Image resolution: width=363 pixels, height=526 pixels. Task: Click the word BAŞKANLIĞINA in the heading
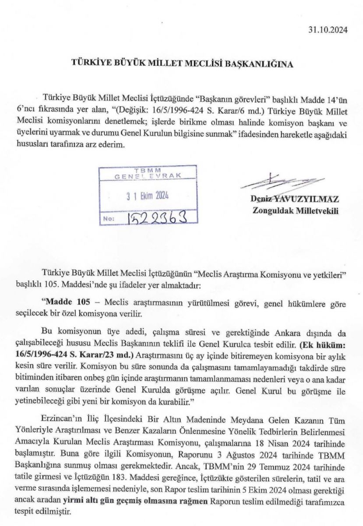tap(259, 63)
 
